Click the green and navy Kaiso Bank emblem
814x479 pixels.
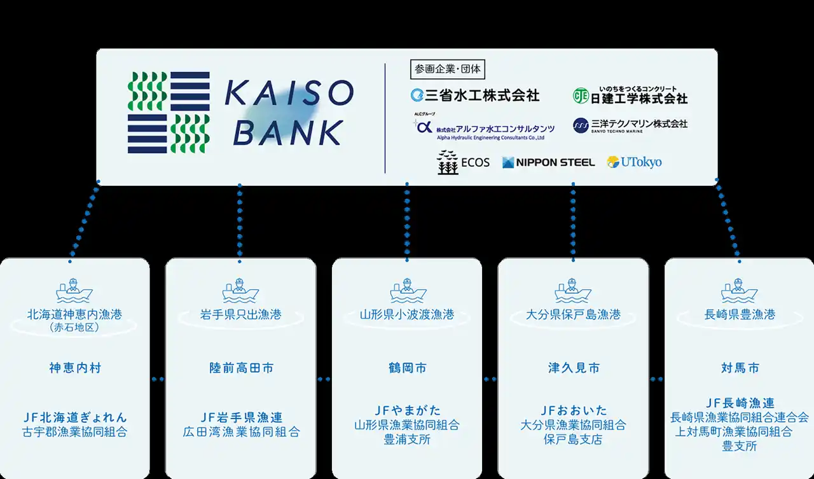point(169,113)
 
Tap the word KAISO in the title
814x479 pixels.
point(289,95)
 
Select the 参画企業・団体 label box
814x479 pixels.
point(448,69)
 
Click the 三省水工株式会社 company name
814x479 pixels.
point(475,95)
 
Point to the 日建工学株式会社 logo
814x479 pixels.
point(630,96)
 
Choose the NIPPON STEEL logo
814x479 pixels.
point(548,162)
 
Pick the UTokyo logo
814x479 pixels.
point(634,162)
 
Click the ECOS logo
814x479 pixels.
point(464,162)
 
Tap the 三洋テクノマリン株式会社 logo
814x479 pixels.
point(630,125)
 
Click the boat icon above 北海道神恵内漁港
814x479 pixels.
point(74,291)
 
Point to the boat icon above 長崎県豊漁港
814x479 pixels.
point(740,291)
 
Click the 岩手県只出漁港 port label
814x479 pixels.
point(240,315)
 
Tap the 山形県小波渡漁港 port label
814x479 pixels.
point(407,315)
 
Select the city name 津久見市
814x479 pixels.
point(574,368)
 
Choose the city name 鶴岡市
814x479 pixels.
point(407,368)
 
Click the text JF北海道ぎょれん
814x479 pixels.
point(74,418)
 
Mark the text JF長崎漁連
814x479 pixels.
point(740,403)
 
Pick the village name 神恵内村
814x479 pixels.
point(74,368)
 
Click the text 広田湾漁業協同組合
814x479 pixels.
point(240,432)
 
